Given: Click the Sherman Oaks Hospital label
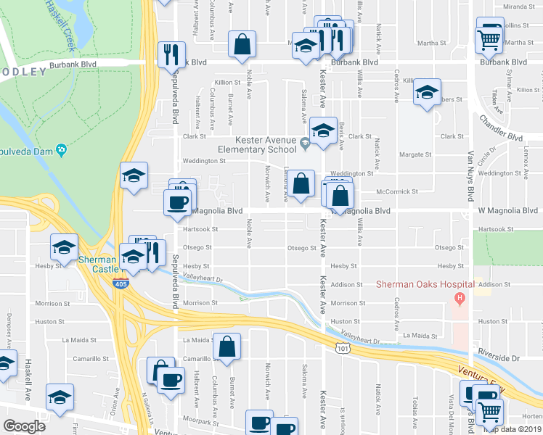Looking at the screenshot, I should click(x=424, y=284).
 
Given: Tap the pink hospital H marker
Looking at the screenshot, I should click(x=458, y=298).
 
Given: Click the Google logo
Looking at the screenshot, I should click(x=25, y=426).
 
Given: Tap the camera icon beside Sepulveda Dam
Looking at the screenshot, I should click(x=62, y=150).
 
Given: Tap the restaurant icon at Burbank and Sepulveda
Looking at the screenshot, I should click(x=171, y=55).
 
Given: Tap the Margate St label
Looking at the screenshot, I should click(x=417, y=154).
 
